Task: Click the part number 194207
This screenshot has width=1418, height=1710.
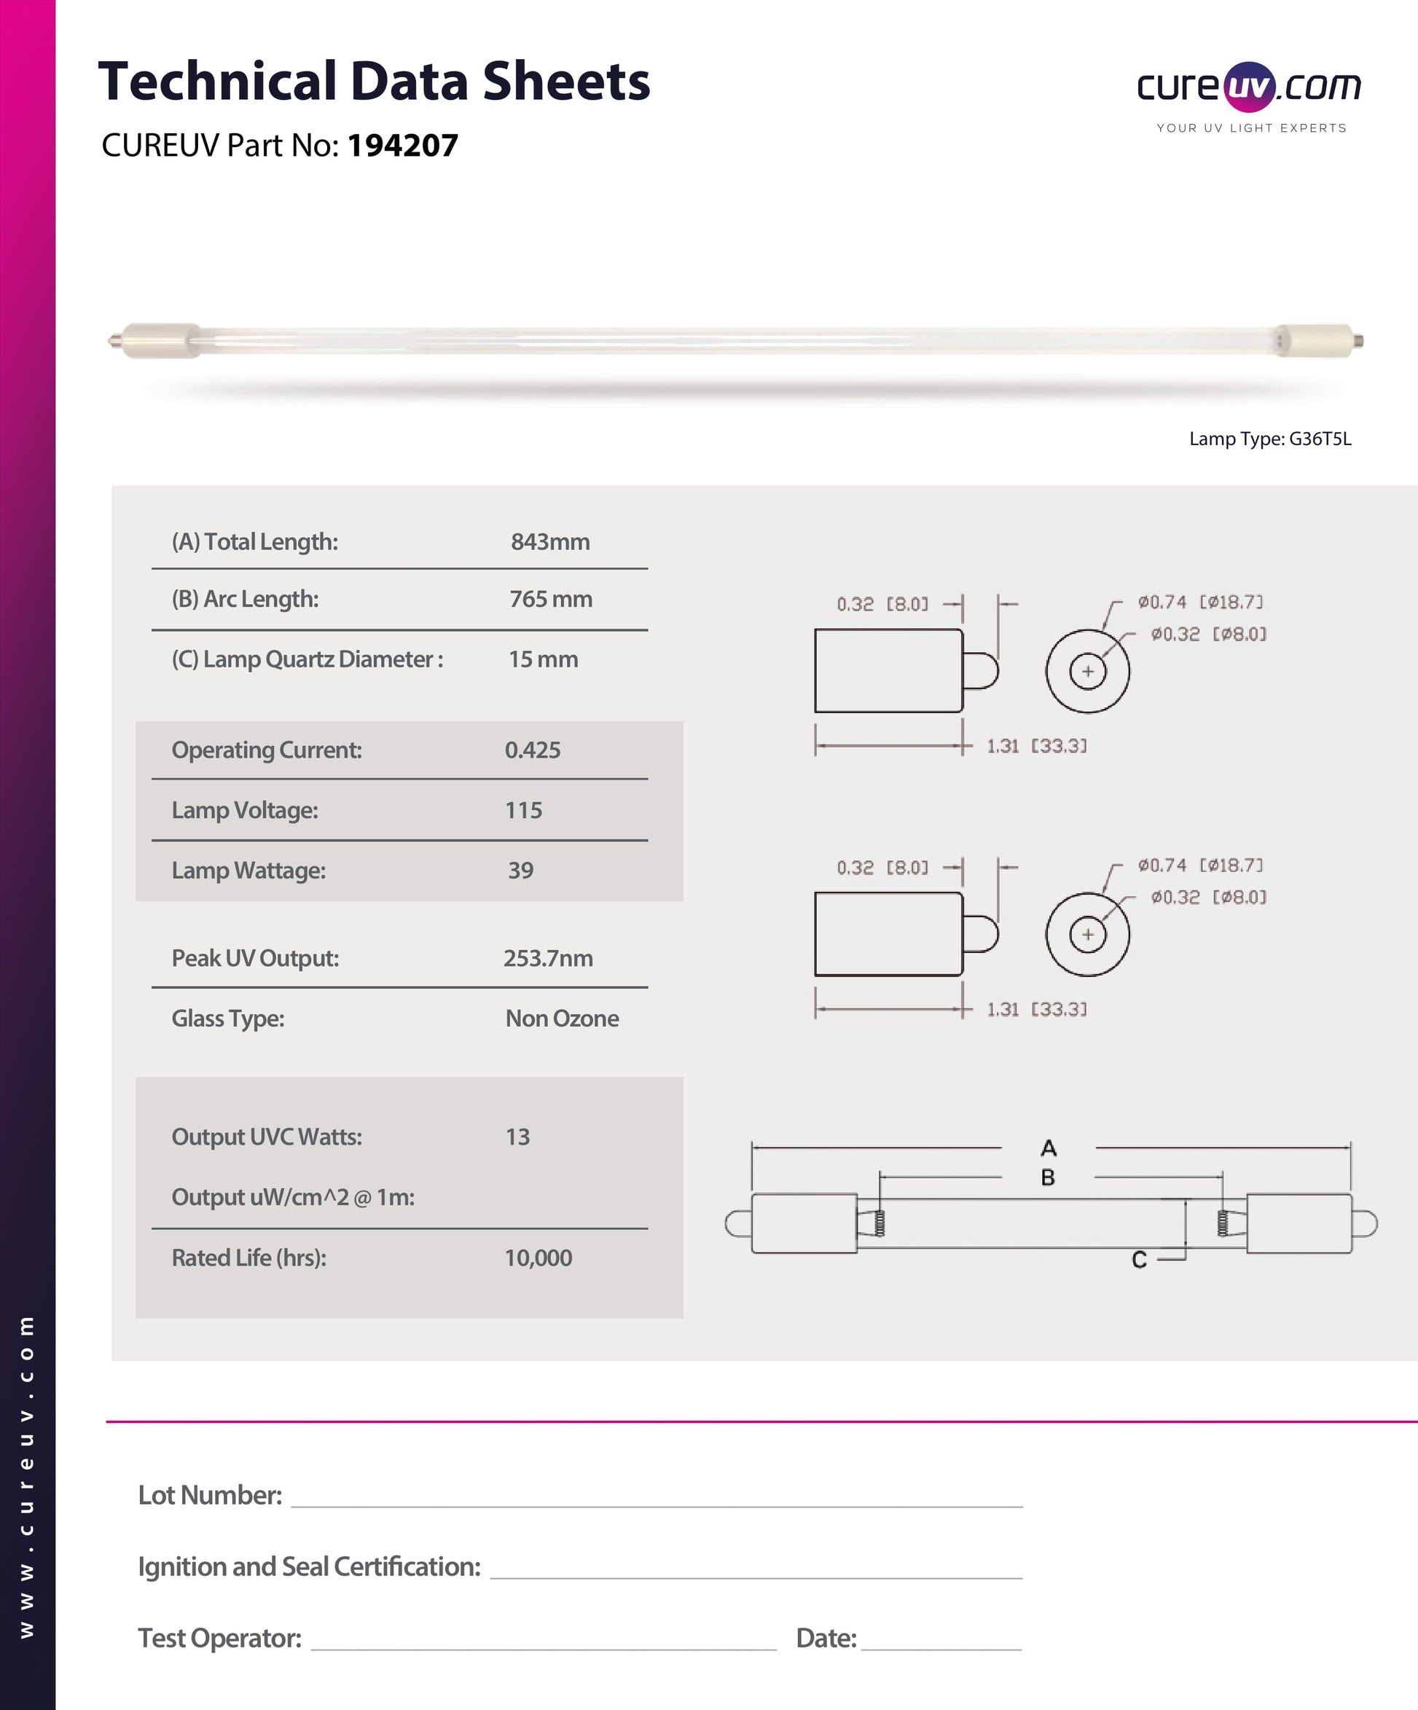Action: pos(402,146)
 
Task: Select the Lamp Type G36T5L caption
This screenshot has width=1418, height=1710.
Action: pos(1270,439)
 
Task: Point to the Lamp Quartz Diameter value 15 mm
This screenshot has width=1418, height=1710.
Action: pos(544,659)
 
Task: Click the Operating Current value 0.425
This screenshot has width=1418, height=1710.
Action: pos(533,750)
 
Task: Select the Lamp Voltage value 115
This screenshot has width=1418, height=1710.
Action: pos(523,810)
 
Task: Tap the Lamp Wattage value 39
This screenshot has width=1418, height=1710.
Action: pos(520,871)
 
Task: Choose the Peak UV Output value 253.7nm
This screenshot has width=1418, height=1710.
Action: pos(547,958)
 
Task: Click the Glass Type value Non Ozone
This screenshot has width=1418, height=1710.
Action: pos(562,1019)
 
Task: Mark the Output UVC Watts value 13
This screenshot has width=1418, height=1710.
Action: pos(517,1137)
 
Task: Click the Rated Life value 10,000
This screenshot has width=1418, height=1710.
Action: pos(538,1258)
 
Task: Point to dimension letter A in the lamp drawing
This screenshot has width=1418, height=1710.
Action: pos(1049,1148)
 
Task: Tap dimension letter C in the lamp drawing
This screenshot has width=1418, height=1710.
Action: pos(1139,1260)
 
